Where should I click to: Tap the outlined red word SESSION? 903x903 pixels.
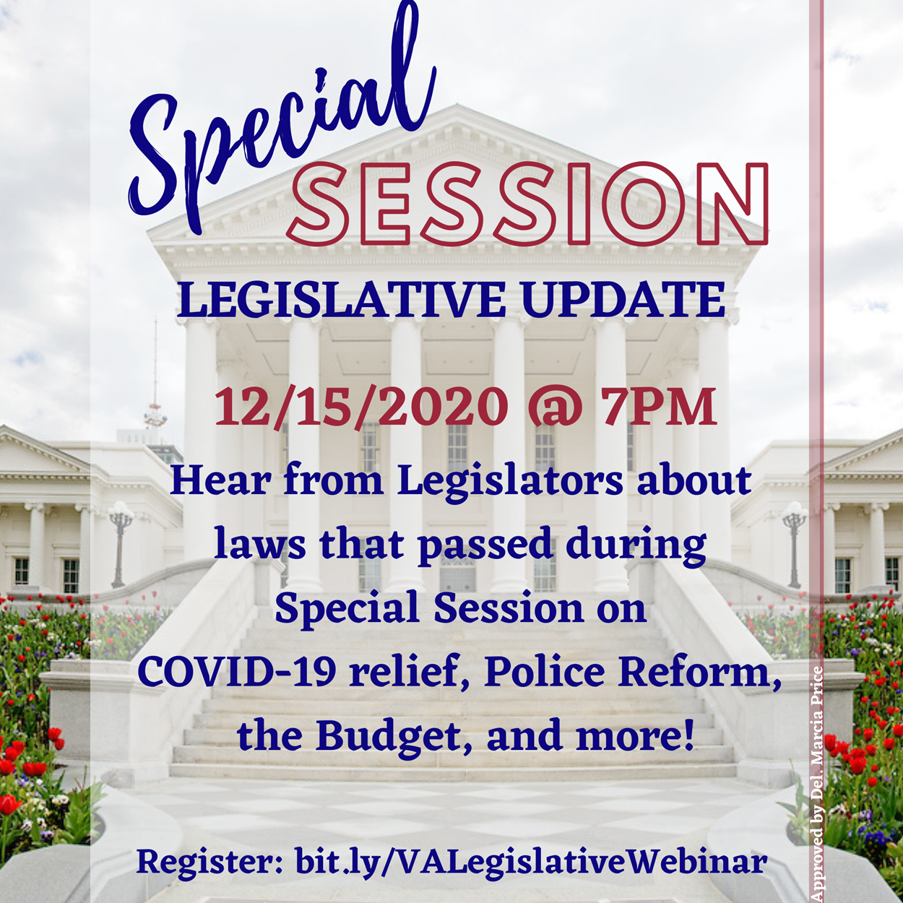point(527,204)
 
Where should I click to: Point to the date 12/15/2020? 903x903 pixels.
point(361,405)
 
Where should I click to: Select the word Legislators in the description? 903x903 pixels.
point(510,483)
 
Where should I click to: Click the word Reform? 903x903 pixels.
point(699,673)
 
